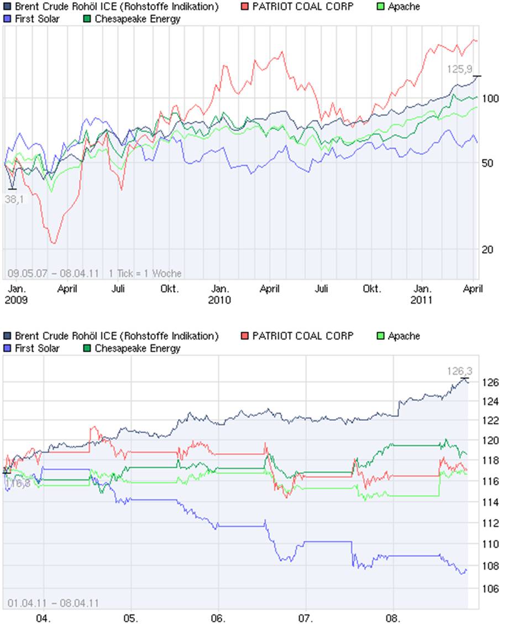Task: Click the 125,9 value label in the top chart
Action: click(x=460, y=69)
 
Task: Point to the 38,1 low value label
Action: click(x=14, y=199)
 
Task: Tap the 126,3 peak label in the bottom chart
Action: click(x=460, y=371)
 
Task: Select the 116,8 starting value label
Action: click(x=17, y=484)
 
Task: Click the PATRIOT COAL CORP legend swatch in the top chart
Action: click(x=245, y=7)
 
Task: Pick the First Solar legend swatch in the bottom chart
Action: click(x=7, y=348)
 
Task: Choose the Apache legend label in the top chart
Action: click(x=403, y=7)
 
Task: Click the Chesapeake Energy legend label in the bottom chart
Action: click(x=137, y=348)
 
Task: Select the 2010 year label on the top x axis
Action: click(x=219, y=300)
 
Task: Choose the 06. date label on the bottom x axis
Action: click(x=218, y=617)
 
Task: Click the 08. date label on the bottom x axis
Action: click(x=394, y=617)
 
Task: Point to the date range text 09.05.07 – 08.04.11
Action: click(x=54, y=273)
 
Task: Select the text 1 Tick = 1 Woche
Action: click(x=145, y=273)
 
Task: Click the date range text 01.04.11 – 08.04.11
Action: click(x=54, y=603)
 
